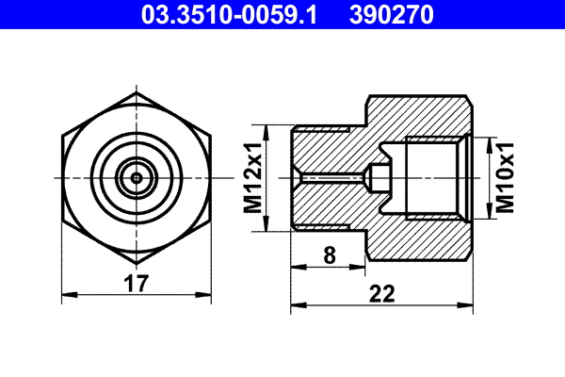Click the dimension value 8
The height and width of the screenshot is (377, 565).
click(x=328, y=254)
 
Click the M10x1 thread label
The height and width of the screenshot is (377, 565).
click(x=506, y=177)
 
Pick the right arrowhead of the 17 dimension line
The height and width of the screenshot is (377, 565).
click(x=209, y=295)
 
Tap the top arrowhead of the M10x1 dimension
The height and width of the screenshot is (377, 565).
click(x=489, y=143)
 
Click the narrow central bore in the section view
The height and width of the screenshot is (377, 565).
click(x=330, y=177)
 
